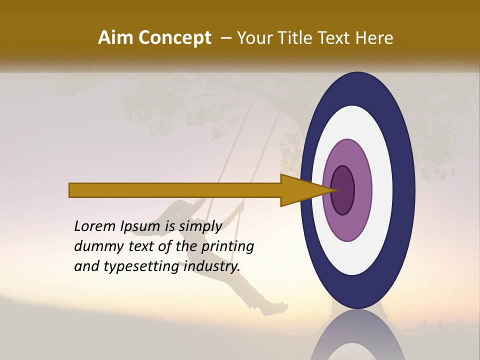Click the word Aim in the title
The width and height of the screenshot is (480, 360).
pos(116,38)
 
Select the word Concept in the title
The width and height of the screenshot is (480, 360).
pos(175,38)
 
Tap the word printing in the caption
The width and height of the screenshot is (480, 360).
pos(227,246)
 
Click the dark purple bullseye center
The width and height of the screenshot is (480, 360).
pos(343,190)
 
